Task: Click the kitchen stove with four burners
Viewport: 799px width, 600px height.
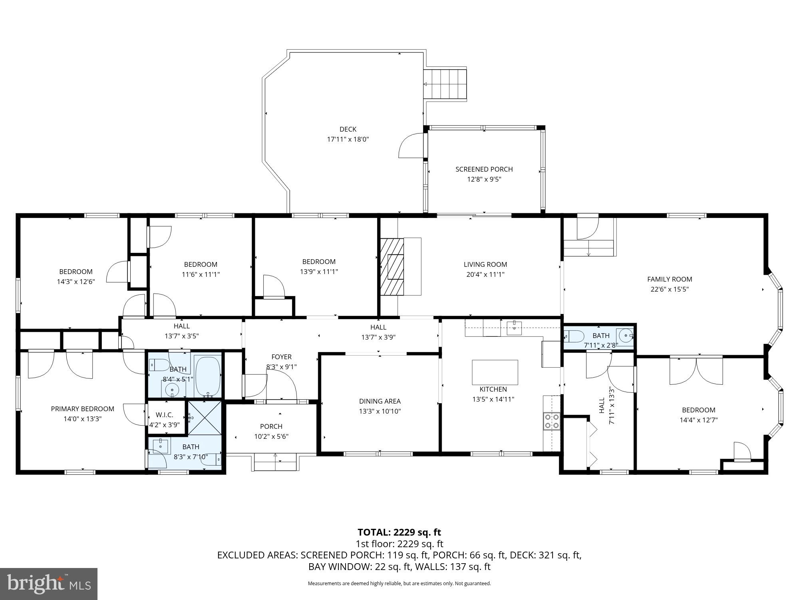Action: click(x=552, y=421)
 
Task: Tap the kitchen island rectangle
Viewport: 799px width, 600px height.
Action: click(x=495, y=372)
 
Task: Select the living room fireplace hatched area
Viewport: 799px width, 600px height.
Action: click(x=392, y=266)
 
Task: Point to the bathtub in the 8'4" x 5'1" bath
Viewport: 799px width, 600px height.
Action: click(x=208, y=376)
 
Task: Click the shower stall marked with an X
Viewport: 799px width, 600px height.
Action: click(x=204, y=417)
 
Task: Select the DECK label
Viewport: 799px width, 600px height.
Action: click(x=348, y=129)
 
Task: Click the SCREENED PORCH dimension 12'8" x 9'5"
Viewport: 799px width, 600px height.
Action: click(x=484, y=179)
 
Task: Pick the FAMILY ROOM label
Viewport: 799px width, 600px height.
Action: click(x=670, y=279)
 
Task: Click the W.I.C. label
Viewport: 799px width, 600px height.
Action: click(x=164, y=415)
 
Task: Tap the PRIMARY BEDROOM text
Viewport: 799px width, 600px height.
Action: click(x=82, y=409)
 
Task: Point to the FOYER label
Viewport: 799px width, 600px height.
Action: click(x=281, y=357)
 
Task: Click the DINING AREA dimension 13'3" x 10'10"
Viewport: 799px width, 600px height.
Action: click(x=380, y=411)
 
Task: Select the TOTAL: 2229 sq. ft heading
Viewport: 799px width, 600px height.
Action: click(x=399, y=532)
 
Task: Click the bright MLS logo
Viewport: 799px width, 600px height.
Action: click(x=49, y=584)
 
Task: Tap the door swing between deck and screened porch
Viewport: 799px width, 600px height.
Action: click(x=411, y=146)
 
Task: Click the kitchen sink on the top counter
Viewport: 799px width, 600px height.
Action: click(x=514, y=328)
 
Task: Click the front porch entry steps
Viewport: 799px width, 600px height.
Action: click(x=275, y=462)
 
